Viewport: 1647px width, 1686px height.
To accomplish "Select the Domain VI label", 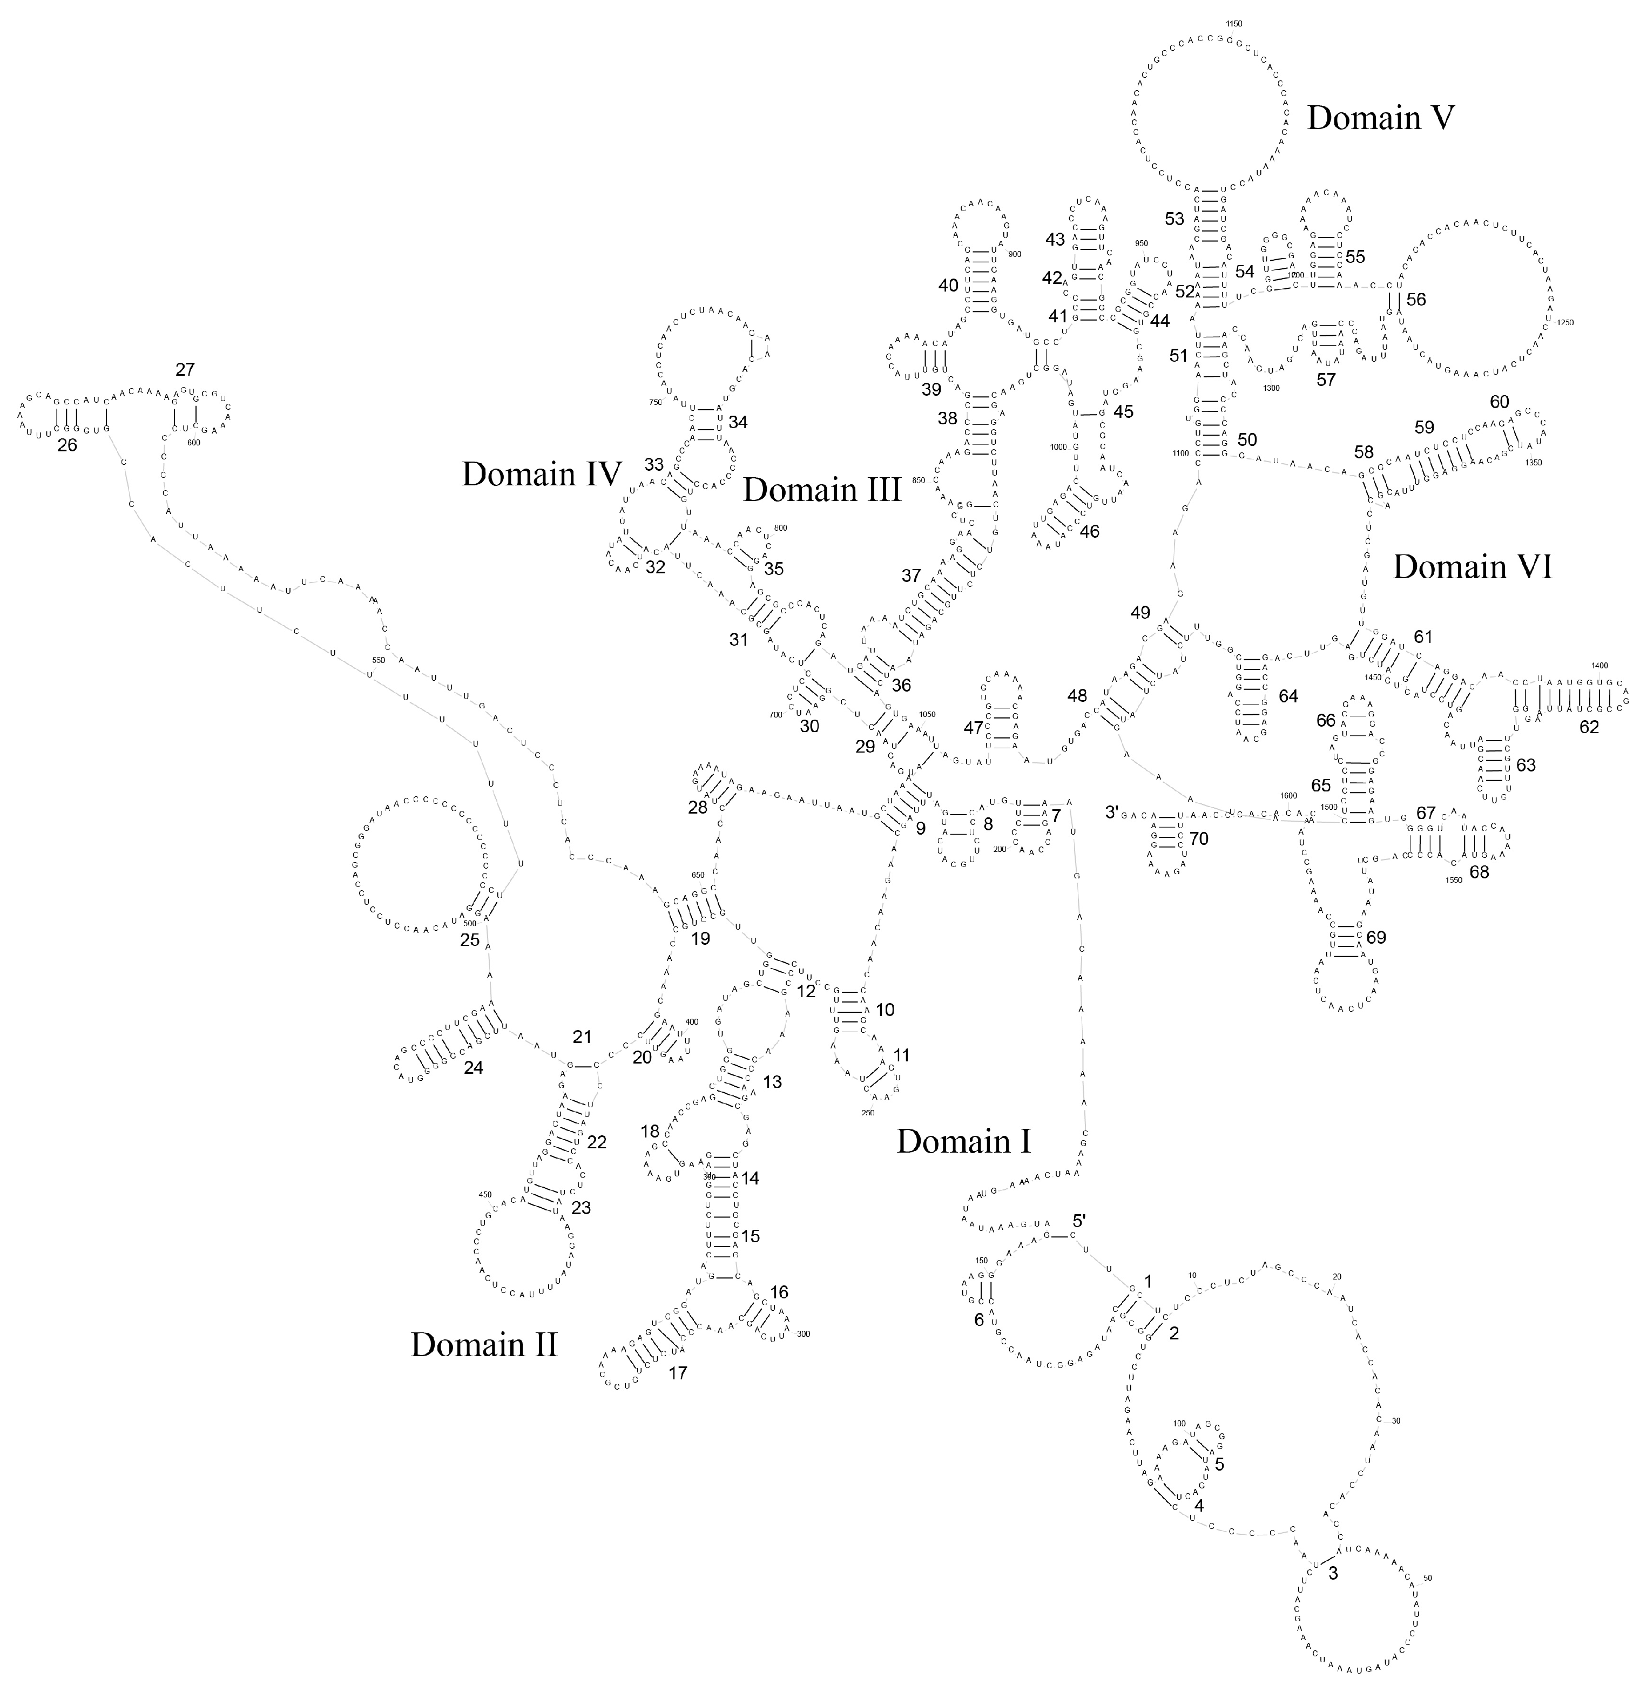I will click(x=1472, y=567).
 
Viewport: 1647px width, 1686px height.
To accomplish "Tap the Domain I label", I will click(x=964, y=1141).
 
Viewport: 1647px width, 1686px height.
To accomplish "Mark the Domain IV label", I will click(x=542, y=474).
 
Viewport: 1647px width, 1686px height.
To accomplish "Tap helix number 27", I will click(x=185, y=369).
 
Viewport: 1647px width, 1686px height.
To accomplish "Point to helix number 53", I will click(x=1174, y=219).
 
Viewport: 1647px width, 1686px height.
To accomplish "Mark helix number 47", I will click(x=973, y=727).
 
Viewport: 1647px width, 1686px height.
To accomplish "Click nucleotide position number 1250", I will click(x=1564, y=322).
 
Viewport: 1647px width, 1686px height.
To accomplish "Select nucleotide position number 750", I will click(x=655, y=402).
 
